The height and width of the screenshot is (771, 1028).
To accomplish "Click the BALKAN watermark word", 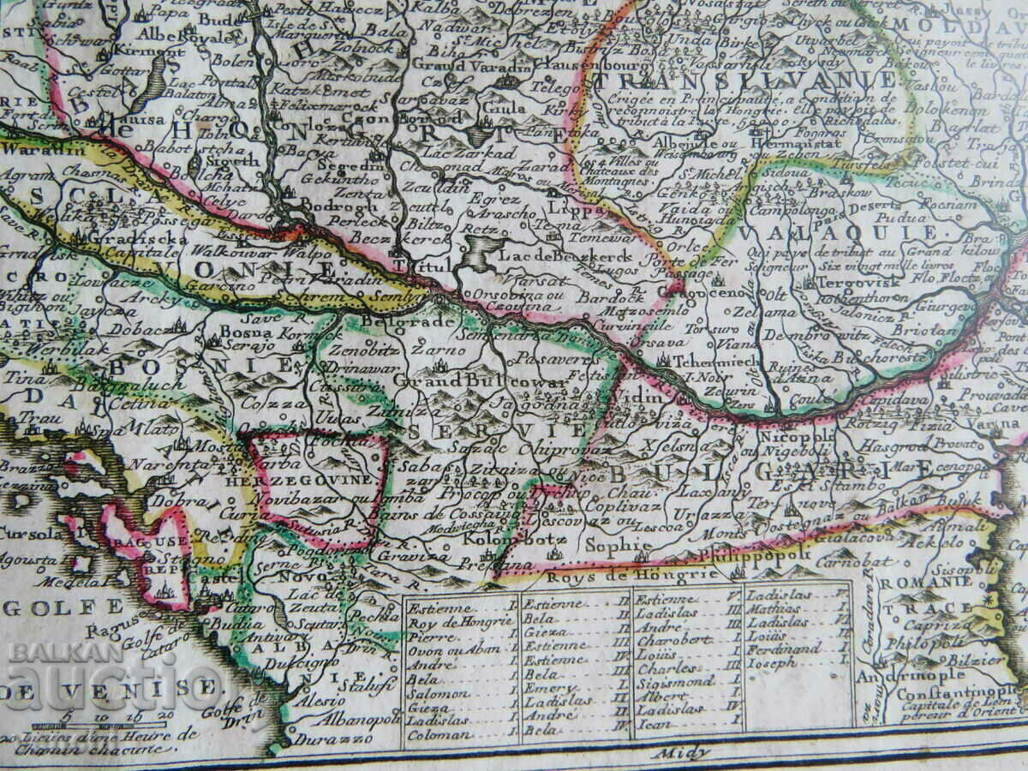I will (65, 652).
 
